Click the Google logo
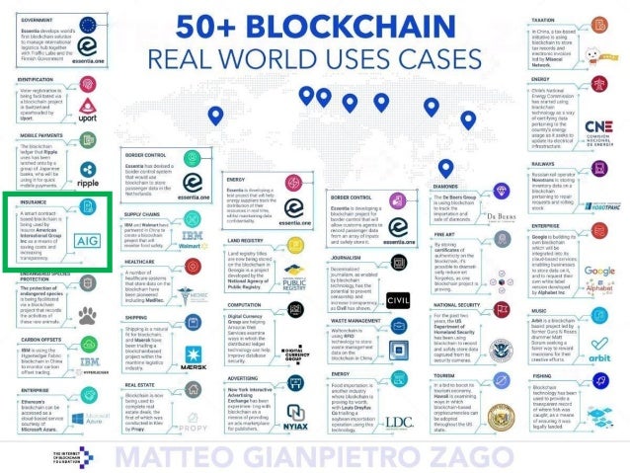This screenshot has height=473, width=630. (x=598, y=271)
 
